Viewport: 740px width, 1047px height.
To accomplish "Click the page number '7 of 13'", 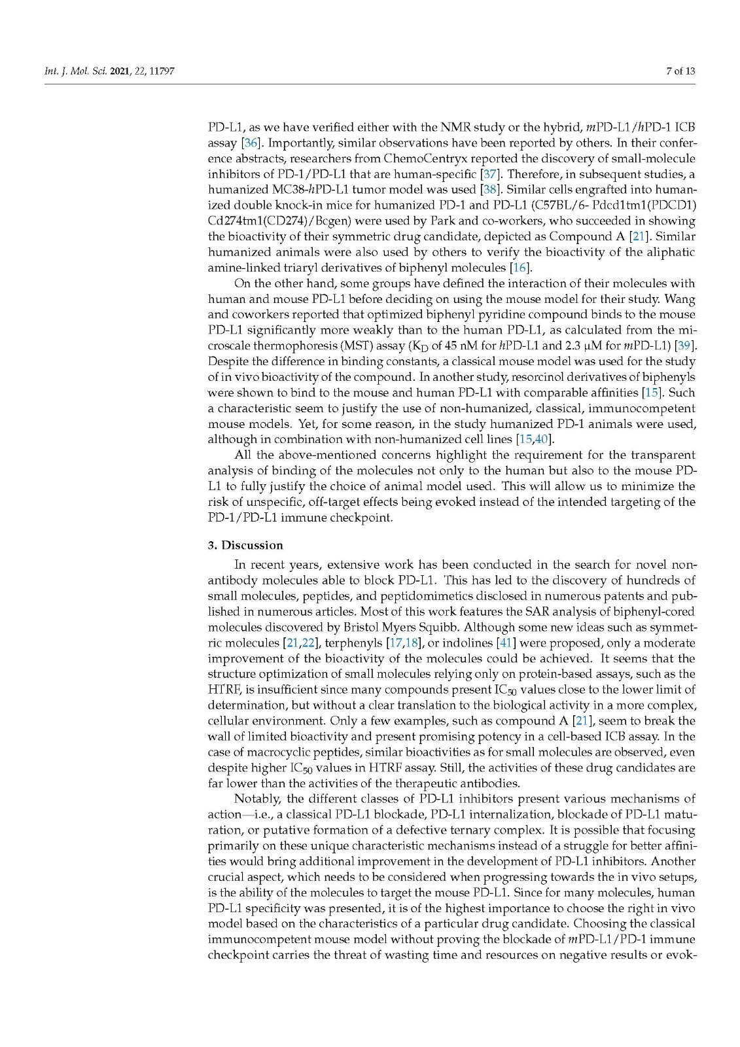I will click(x=680, y=71).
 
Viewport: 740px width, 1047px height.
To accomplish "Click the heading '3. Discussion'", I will click(x=245, y=545).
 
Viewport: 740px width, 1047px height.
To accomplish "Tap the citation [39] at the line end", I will click(x=686, y=346).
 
